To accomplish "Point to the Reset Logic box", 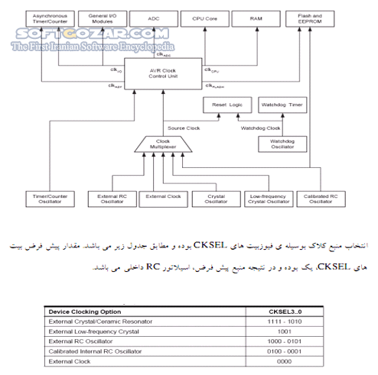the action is (x=226, y=105).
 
